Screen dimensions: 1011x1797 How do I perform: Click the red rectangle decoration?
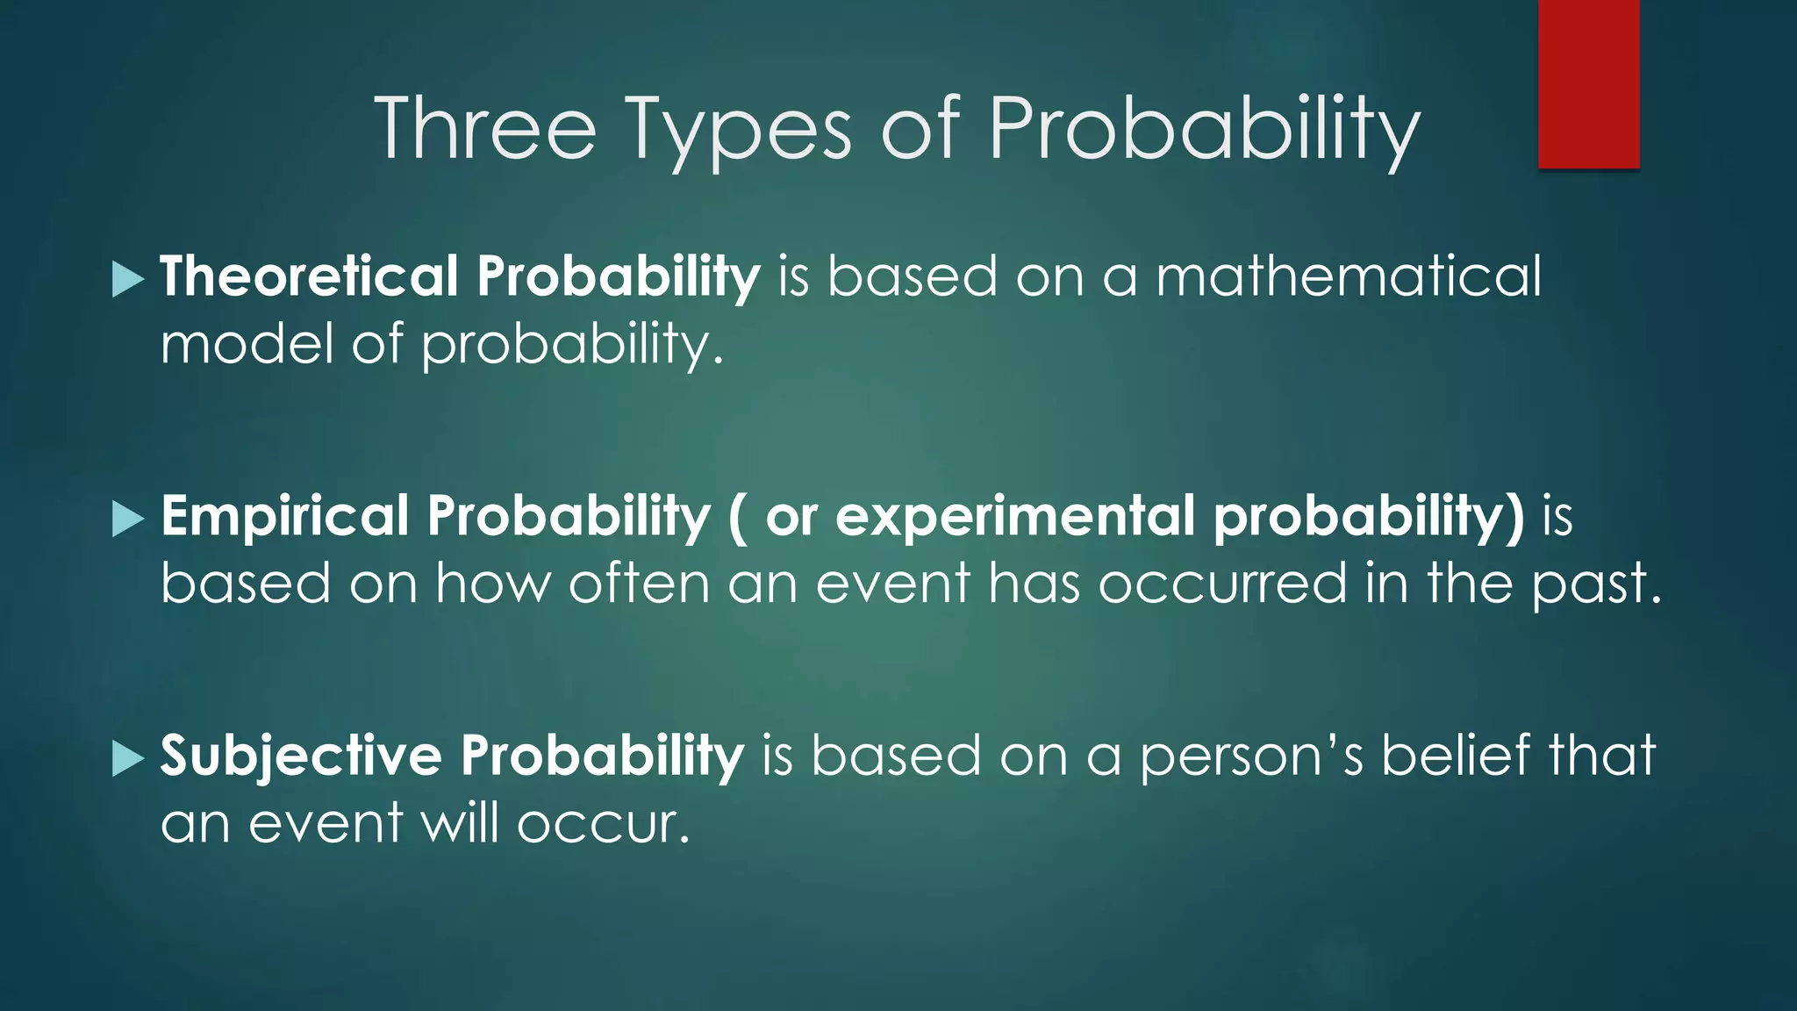pyautogui.click(x=1588, y=83)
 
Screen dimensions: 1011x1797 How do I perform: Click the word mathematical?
pyautogui.click(x=1348, y=276)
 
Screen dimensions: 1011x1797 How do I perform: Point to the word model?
pyautogui.click(x=247, y=343)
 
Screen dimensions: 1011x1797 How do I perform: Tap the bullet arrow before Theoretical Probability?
pyautogui.click(x=128, y=280)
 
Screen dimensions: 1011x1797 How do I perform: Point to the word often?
pyautogui.click(x=639, y=583)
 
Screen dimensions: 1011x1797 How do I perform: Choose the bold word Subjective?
pyautogui.click(x=301, y=756)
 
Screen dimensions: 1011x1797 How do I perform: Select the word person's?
pyautogui.click(x=1251, y=757)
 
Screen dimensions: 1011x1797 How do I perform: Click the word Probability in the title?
pyautogui.click(x=1203, y=132)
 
